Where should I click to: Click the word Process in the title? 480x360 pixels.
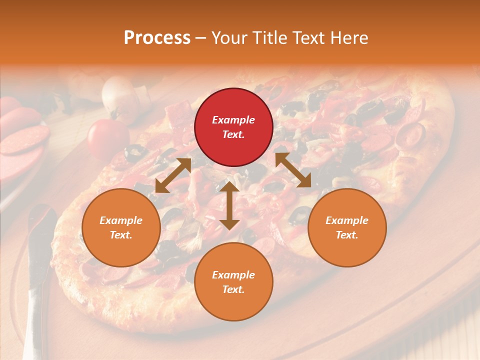click(x=157, y=38)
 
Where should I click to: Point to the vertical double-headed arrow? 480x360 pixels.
click(x=229, y=205)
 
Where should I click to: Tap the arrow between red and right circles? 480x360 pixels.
click(x=293, y=170)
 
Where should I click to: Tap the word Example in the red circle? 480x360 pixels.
click(x=233, y=120)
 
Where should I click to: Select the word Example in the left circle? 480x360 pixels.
click(x=121, y=220)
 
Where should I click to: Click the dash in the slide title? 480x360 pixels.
click(x=200, y=38)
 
